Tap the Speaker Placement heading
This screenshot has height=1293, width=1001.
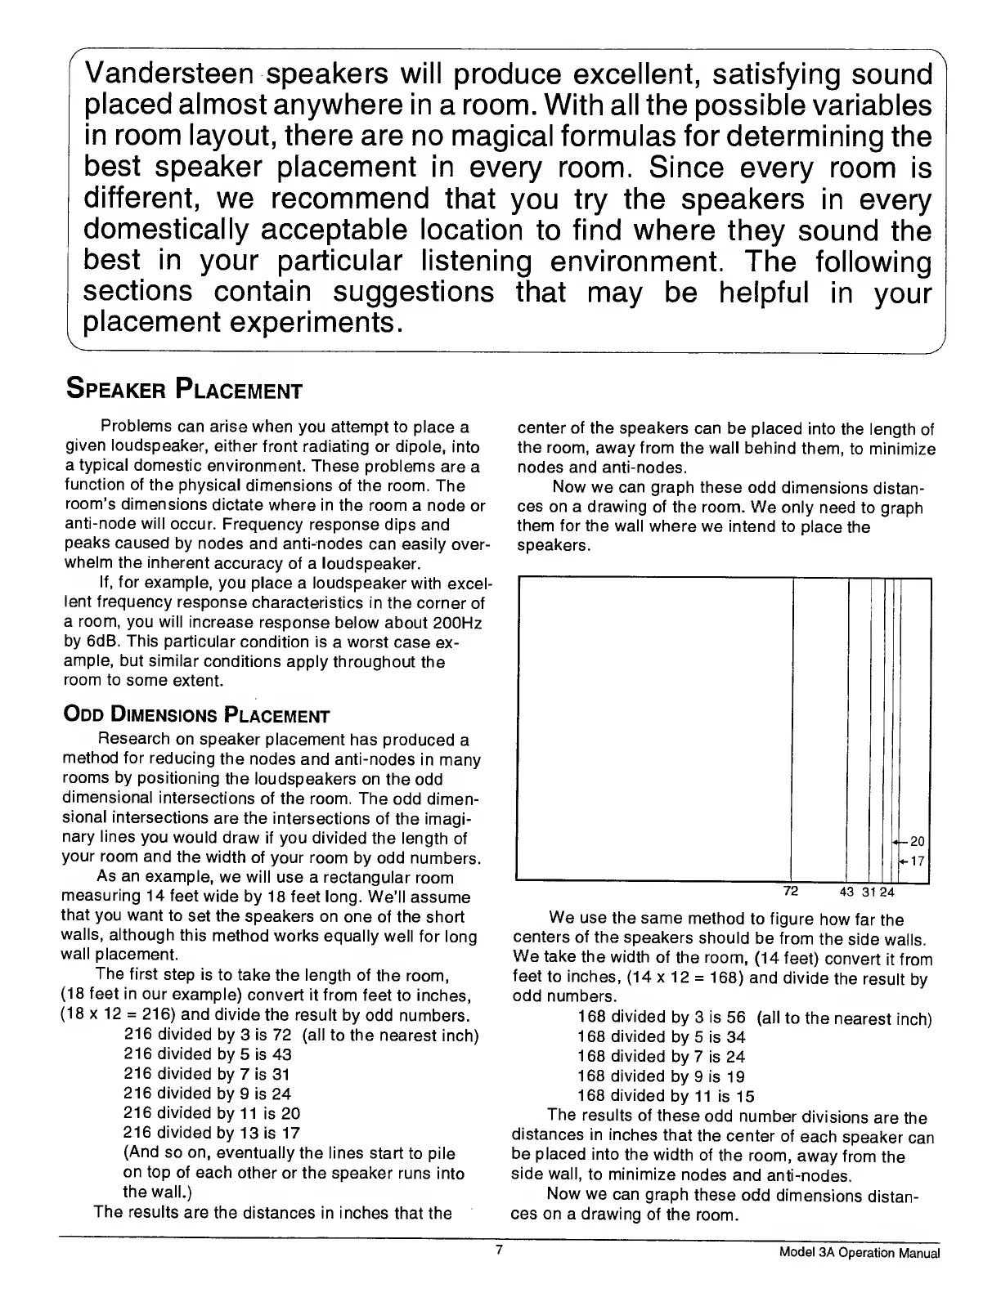click(x=183, y=389)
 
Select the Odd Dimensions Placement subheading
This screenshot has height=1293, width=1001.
click(x=195, y=717)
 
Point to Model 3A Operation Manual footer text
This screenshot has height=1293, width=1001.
click(x=860, y=1254)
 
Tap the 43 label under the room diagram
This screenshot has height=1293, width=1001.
click(x=847, y=891)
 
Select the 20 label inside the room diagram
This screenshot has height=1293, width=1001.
click(x=917, y=841)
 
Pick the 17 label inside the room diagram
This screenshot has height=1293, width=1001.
click(x=917, y=861)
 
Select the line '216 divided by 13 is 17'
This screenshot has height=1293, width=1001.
click(x=212, y=1133)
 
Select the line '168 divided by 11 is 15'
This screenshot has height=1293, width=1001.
click(x=666, y=1096)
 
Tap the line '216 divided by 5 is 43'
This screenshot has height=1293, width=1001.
click(x=208, y=1054)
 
